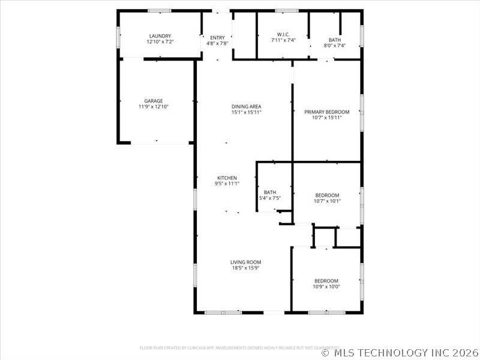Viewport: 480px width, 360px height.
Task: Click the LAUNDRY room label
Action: (160, 36)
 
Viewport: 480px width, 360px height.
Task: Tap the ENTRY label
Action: (217, 38)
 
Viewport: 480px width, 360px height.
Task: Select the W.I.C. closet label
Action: (283, 34)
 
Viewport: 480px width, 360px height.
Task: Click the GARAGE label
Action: (153, 101)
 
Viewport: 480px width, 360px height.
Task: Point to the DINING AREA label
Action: (246, 107)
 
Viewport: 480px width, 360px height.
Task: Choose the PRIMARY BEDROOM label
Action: (326, 112)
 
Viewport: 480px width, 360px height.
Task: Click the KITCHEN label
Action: (227, 178)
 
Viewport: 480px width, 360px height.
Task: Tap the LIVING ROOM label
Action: (245, 262)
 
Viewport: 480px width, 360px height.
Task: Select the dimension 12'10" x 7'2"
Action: (160, 42)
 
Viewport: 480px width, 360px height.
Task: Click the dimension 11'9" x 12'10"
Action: (153, 107)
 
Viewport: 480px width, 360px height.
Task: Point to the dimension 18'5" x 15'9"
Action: (245, 268)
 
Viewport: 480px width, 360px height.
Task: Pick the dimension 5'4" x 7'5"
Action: (269, 198)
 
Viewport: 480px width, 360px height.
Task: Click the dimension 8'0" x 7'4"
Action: (334, 46)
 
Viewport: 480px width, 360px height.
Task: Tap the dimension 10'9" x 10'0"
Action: (326, 287)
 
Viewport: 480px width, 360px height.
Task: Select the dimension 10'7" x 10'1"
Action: (327, 201)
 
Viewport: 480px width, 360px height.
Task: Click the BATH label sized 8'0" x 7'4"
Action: (334, 40)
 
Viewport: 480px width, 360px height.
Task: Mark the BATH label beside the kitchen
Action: (269, 192)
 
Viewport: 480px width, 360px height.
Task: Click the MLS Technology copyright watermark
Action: (400, 353)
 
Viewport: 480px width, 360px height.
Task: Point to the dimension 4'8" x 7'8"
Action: (217, 43)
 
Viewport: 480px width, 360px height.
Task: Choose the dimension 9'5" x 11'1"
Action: (227, 184)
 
